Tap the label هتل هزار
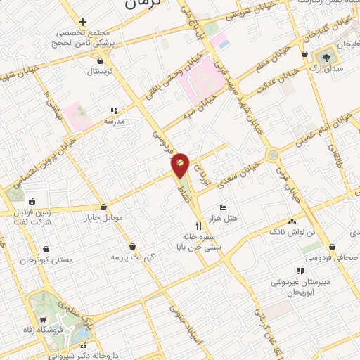238,218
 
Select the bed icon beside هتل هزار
224,207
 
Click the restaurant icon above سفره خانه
198,226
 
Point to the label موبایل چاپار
104,217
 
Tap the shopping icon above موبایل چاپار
104,207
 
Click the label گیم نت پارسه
132,257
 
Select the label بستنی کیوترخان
46,260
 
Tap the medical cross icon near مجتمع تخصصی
83,22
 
